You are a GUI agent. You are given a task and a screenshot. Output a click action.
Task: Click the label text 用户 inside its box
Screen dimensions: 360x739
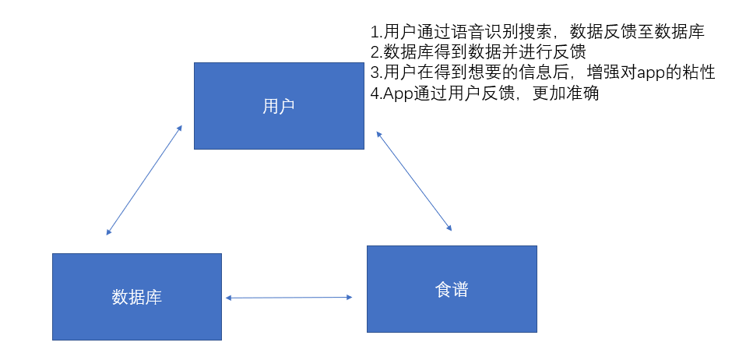279,107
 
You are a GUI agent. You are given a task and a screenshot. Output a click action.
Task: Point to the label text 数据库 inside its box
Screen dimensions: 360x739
137,298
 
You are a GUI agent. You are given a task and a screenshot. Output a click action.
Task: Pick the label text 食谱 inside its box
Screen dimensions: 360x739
452,290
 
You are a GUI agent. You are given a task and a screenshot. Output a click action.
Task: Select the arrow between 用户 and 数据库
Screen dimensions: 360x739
144,179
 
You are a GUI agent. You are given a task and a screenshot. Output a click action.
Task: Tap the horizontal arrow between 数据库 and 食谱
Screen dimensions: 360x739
288,297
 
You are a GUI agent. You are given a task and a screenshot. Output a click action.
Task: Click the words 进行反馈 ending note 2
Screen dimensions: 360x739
572,53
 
